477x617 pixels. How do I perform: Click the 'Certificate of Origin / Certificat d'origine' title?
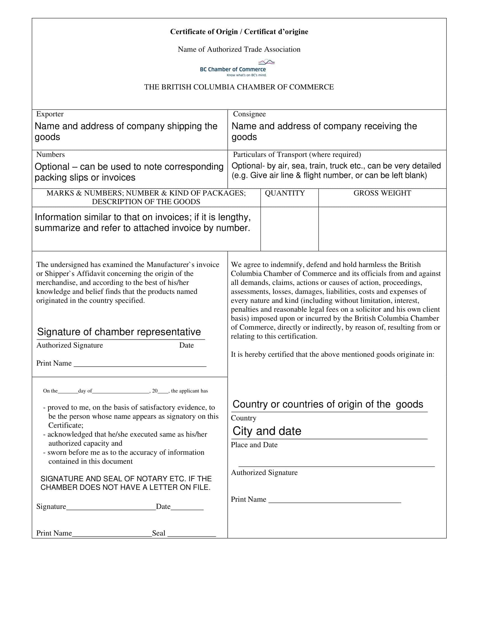[239, 32]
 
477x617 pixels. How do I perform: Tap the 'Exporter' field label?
[50, 114]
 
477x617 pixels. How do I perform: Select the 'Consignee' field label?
[249, 114]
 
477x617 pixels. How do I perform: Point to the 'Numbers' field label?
[50, 155]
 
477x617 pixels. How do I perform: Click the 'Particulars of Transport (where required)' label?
[297, 155]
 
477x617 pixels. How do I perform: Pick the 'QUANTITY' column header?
[285, 193]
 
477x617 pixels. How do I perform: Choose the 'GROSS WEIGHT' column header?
[382, 193]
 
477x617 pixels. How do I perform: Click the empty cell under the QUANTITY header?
[289, 229]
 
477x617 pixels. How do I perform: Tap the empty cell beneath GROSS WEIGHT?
[382, 229]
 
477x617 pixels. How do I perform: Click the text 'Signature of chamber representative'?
[119, 332]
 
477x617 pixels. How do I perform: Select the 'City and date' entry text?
[267, 431]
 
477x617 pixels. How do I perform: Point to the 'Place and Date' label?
[254, 445]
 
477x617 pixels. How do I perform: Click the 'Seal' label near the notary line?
[159, 533]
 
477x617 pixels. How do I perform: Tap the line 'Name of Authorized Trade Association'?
[239, 49]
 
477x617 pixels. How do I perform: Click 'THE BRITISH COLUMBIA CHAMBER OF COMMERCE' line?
[239, 87]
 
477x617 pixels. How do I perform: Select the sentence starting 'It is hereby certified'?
[332, 354]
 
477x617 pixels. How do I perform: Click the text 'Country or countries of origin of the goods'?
[327, 404]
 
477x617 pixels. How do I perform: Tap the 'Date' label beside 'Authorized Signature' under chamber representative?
[186, 345]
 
